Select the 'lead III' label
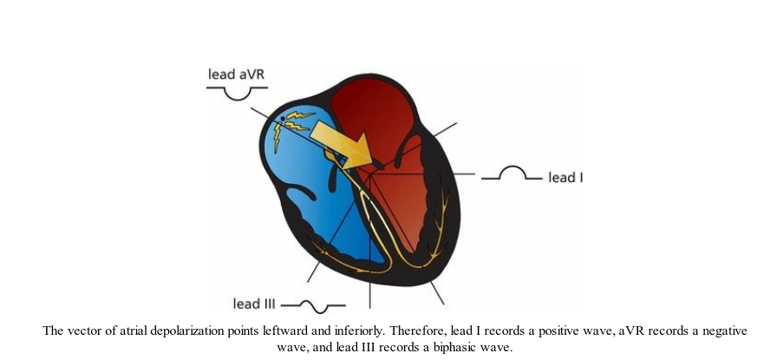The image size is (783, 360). [x=253, y=304]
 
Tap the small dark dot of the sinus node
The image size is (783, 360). [x=283, y=117]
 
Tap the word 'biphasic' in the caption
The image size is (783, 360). [x=463, y=346]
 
